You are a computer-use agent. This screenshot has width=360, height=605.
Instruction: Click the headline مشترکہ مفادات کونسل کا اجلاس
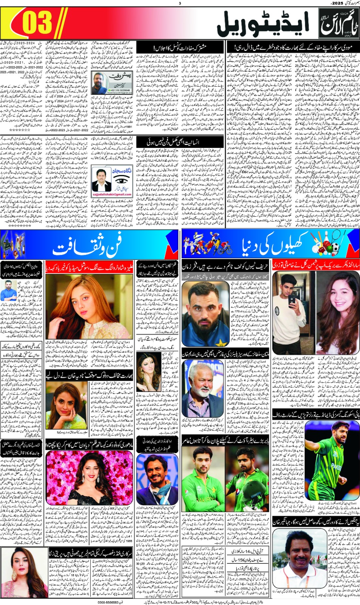click(x=180, y=48)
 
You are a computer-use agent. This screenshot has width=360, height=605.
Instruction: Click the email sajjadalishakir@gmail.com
click(x=112, y=194)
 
